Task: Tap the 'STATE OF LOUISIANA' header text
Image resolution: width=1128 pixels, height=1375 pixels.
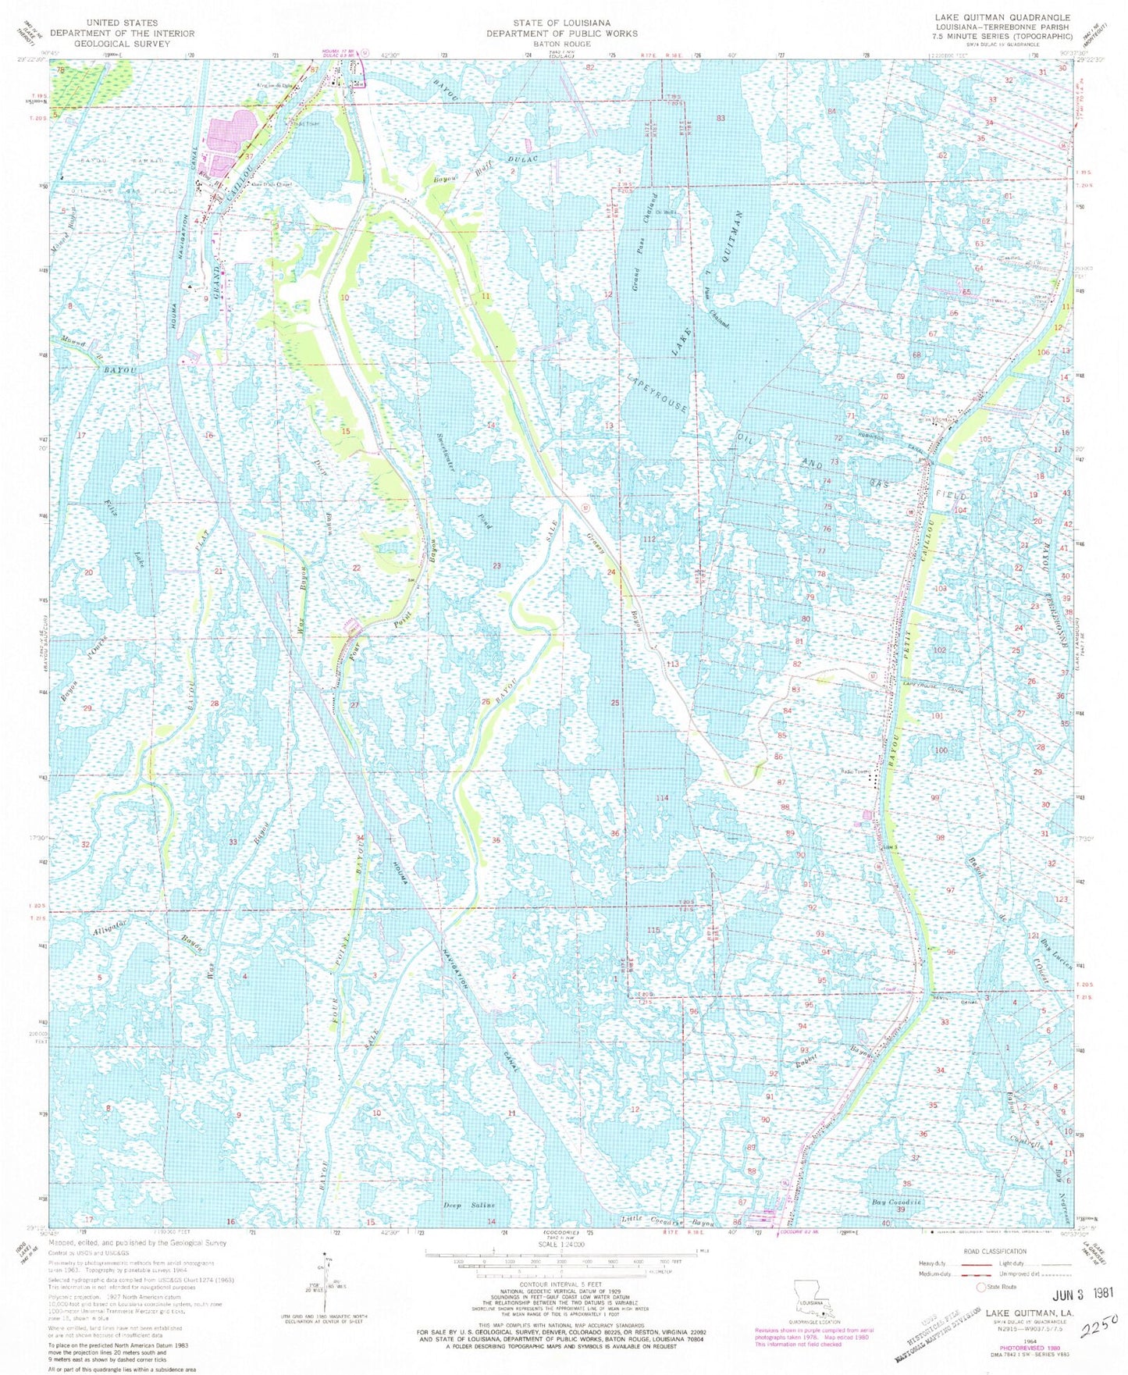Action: coord(561,23)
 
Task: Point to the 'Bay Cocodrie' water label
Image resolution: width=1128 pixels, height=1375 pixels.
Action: coord(897,1202)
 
